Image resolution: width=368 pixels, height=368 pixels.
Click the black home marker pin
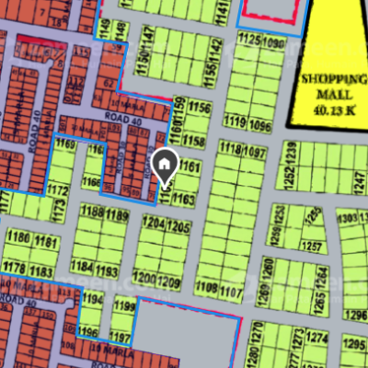coord(164,166)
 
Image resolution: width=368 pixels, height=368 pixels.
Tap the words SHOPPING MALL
coord(330,86)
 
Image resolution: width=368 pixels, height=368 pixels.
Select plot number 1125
coord(248,39)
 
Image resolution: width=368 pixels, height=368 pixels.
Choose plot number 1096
coord(261,124)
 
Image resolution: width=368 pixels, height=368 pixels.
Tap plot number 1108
coord(207,289)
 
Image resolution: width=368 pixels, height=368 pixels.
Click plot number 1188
coord(92,214)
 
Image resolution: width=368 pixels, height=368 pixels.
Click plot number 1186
coord(19,237)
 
